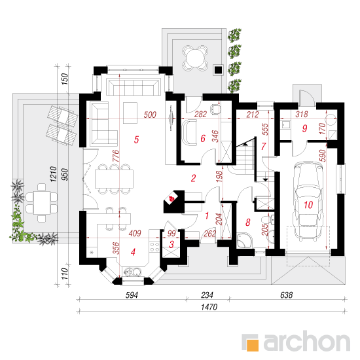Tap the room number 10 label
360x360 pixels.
(308, 205)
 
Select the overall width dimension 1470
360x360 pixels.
(209, 307)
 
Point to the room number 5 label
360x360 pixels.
(136, 139)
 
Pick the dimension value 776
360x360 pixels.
(116, 156)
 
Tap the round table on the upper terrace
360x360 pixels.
(195, 59)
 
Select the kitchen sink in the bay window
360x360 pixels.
(132, 272)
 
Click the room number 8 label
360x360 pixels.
(247, 223)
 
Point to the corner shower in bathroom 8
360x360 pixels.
(244, 240)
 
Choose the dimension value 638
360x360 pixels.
(286, 295)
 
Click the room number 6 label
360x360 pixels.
(203, 139)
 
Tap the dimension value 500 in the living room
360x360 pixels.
(150, 115)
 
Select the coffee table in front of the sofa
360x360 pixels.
(130, 113)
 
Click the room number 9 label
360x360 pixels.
(304, 128)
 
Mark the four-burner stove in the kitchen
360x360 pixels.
(154, 247)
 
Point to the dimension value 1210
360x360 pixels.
(53, 174)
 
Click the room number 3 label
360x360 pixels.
(171, 245)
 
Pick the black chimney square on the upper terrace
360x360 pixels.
(218, 70)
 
